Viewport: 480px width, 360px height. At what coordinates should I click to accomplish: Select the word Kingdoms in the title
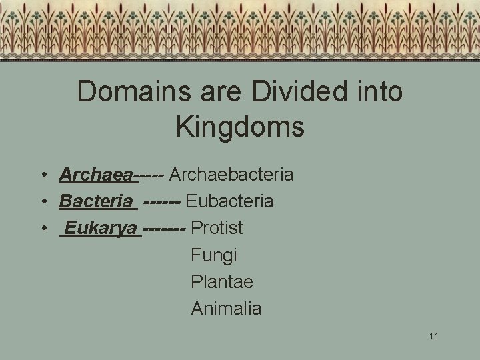pyautogui.click(x=240, y=127)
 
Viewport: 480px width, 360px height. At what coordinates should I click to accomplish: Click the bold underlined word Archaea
pyautogui.click(x=96, y=175)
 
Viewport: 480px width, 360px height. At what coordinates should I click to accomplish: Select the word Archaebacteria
pyautogui.click(x=231, y=175)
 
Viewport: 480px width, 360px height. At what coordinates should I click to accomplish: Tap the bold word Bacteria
pyautogui.click(x=96, y=201)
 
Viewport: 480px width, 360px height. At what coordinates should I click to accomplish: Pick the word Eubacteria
pyautogui.click(x=229, y=201)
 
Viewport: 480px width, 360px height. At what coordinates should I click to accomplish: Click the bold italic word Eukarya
pyautogui.click(x=101, y=228)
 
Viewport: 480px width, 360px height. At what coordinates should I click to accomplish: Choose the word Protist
pyautogui.click(x=217, y=228)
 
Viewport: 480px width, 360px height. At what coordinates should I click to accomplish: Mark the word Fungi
pyautogui.click(x=213, y=255)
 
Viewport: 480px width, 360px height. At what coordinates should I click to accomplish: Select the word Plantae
pyautogui.click(x=222, y=282)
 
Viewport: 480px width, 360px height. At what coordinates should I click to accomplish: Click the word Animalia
pyautogui.click(x=226, y=309)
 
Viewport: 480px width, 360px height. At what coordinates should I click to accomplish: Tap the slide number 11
pyautogui.click(x=434, y=336)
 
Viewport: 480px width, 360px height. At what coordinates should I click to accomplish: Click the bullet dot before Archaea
pyautogui.click(x=42, y=175)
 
